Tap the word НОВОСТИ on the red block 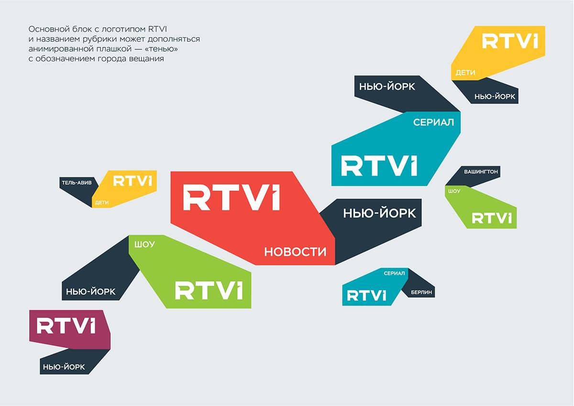(x=295, y=252)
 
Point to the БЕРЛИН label (x=421, y=292)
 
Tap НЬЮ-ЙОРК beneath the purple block (x=64, y=367)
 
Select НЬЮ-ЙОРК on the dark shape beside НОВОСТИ (x=379, y=213)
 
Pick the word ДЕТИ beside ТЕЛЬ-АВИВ (x=102, y=203)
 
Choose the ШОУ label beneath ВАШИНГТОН (x=454, y=191)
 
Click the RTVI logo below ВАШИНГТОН (x=492, y=218)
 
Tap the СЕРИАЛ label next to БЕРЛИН (x=394, y=273)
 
